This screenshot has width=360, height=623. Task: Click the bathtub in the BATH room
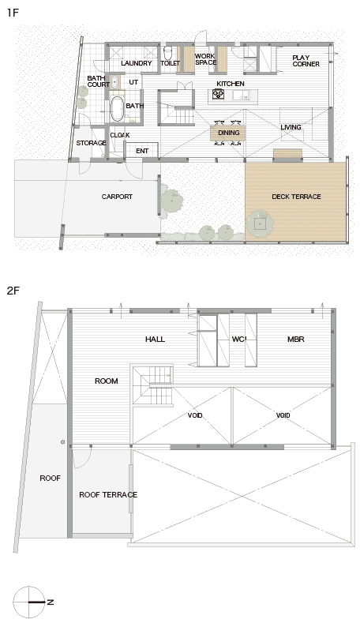click(117, 108)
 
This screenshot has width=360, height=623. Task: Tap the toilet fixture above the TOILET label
click(167, 53)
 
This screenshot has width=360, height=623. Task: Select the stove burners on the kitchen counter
click(218, 94)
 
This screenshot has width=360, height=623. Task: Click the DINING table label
click(229, 133)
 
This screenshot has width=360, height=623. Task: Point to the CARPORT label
click(117, 197)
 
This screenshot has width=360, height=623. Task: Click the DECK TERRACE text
click(296, 197)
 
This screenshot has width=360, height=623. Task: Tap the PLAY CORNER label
click(306, 61)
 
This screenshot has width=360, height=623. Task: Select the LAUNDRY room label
click(137, 63)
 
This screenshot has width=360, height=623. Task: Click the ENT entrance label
click(142, 151)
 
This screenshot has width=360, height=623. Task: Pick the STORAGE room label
click(91, 143)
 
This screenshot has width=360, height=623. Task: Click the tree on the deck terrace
click(260, 223)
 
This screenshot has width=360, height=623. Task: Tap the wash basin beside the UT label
click(114, 82)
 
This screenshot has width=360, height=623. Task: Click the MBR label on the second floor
click(295, 340)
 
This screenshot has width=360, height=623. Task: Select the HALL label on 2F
click(155, 340)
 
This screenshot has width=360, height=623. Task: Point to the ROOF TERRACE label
click(108, 494)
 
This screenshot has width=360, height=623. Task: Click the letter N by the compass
click(51, 602)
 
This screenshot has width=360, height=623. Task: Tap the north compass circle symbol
click(28, 602)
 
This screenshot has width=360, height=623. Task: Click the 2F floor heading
click(13, 291)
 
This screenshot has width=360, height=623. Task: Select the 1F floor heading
click(13, 13)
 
